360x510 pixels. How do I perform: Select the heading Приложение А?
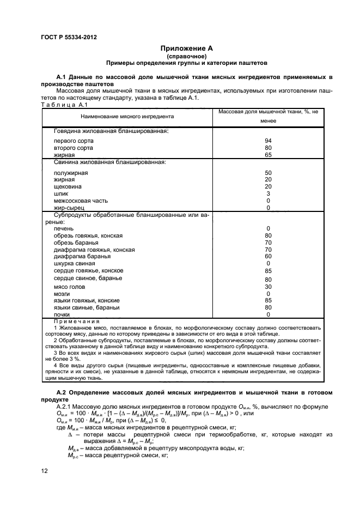[x=187, y=48]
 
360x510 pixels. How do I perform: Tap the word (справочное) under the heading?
[x=187, y=56]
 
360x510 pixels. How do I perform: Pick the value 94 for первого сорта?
[x=268, y=141]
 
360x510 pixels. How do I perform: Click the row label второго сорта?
[x=74, y=148]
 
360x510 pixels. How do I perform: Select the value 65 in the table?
[x=268, y=155]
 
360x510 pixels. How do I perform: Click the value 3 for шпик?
[x=268, y=193]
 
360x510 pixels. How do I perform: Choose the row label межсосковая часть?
[x=81, y=201]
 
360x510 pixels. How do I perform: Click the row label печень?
[x=64, y=228]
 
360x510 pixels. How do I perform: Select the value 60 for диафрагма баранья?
[x=268, y=256]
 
